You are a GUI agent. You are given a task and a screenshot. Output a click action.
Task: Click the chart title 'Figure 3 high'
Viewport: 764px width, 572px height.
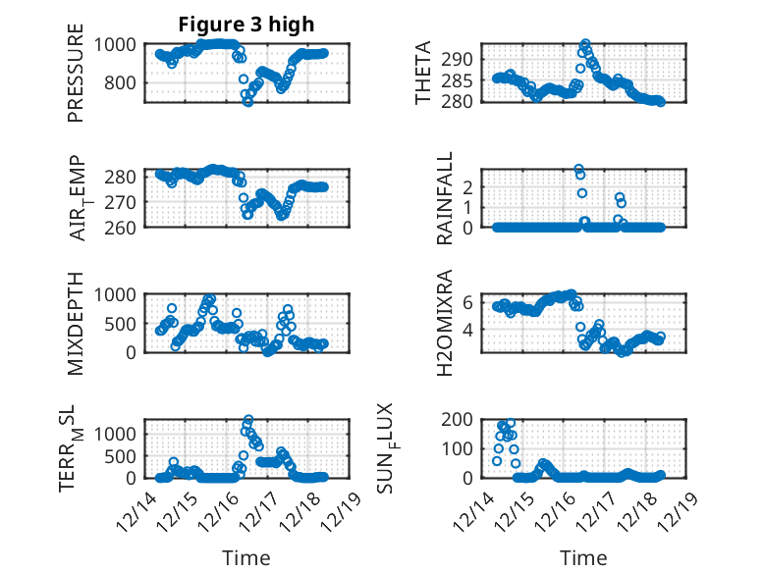coord(246,25)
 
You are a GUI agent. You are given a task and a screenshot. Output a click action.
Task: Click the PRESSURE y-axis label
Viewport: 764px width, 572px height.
coord(76,80)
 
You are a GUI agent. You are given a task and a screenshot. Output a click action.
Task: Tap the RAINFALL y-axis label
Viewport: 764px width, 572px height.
coord(445,198)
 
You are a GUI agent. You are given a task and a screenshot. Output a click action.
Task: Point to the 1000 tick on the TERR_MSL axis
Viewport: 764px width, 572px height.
coord(122,432)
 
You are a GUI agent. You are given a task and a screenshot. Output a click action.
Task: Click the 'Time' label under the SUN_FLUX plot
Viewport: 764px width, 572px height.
coord(583,557)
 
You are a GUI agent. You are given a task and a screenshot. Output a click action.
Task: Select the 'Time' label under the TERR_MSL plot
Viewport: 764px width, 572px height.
coord(246,557)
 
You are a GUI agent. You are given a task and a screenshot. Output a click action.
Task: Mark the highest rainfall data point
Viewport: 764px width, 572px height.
coord(578,169)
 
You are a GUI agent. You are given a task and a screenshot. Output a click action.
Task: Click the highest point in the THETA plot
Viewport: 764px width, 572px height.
coord(585,44)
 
